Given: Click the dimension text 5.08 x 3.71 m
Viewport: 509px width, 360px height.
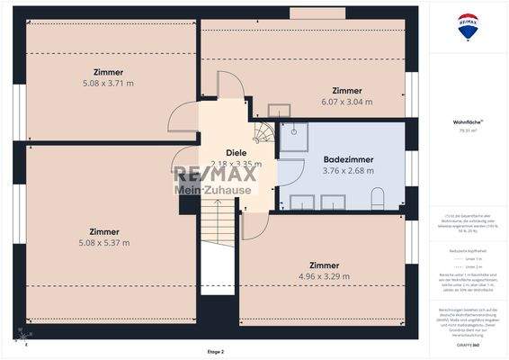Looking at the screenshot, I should point(107,83).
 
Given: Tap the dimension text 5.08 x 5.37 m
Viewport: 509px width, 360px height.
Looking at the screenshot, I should point(103,242).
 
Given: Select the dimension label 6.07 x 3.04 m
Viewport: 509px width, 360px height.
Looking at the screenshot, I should point(346,102).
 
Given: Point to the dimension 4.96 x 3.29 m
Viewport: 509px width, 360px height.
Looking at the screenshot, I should point(324,276).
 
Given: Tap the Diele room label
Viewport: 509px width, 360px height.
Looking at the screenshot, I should point(236,152).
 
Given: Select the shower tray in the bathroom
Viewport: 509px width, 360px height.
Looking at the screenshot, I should point(293,138).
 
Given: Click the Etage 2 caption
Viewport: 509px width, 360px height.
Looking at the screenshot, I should point(215,352).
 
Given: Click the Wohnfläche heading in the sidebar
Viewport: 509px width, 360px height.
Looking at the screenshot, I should point(467,121).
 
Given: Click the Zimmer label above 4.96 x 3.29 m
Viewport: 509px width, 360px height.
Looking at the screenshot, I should point(324,265).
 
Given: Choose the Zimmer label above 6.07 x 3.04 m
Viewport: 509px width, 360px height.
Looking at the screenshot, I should point(346,91).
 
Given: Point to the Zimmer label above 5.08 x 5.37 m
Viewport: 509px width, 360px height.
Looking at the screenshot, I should point(103,231).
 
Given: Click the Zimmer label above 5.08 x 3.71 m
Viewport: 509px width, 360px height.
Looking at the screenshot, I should point(107,72).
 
